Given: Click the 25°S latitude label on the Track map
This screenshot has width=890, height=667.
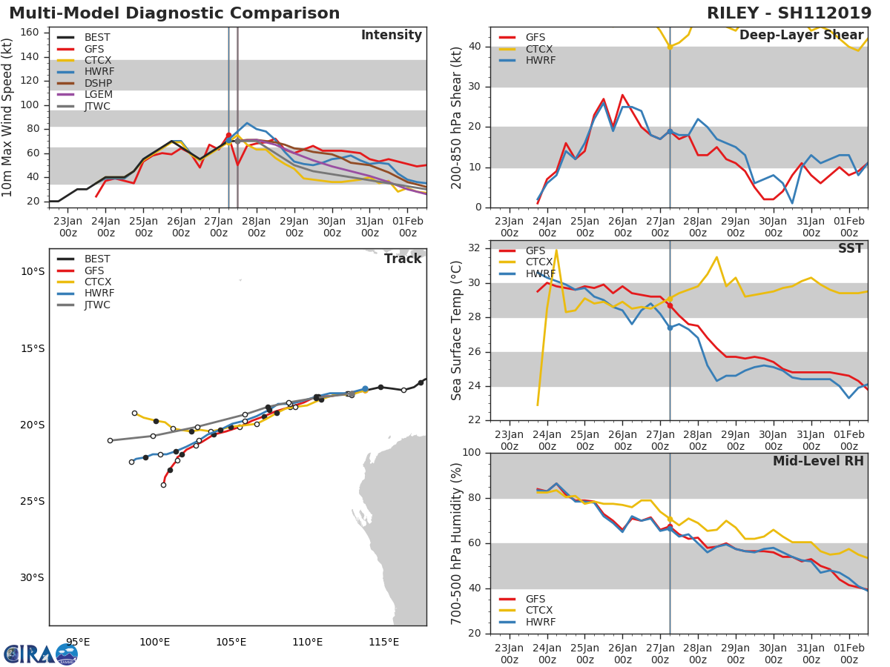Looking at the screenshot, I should [x=33, y=501].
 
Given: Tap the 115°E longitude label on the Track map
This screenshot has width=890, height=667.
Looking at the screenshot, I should [x=384, y=642].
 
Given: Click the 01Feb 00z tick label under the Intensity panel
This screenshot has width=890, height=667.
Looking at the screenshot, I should [x=407, y=226].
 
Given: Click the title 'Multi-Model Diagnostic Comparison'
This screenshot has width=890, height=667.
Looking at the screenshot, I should [x=174, y=13].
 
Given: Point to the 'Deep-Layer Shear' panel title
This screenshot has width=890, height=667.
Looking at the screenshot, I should [x=801, y=36].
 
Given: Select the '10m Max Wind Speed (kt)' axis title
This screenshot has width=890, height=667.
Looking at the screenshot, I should [x=8, y=117].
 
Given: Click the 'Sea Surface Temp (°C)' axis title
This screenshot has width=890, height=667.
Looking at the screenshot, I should [x=458, y=330].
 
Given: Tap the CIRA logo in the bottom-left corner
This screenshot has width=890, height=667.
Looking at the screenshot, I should [x=41, y=654].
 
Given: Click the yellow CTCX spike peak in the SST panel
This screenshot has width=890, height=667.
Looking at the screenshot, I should [x=556, y=250].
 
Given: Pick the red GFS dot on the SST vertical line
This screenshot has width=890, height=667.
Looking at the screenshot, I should [x=670, y=305].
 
